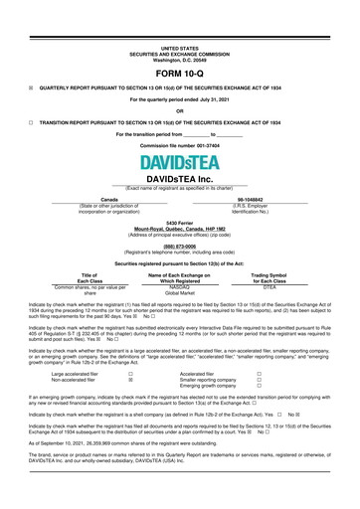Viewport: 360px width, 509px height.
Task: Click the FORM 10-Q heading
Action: [x=179, y=74]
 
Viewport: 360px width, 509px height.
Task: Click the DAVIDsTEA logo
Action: [x=179, y=159]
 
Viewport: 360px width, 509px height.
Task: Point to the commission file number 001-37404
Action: [x=179, y=144]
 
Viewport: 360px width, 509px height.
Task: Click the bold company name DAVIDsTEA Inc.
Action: [x=179, y=177]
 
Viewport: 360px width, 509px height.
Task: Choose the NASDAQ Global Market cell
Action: [x=179, y=287]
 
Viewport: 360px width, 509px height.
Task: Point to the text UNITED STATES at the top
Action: [x=179, y=46]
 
